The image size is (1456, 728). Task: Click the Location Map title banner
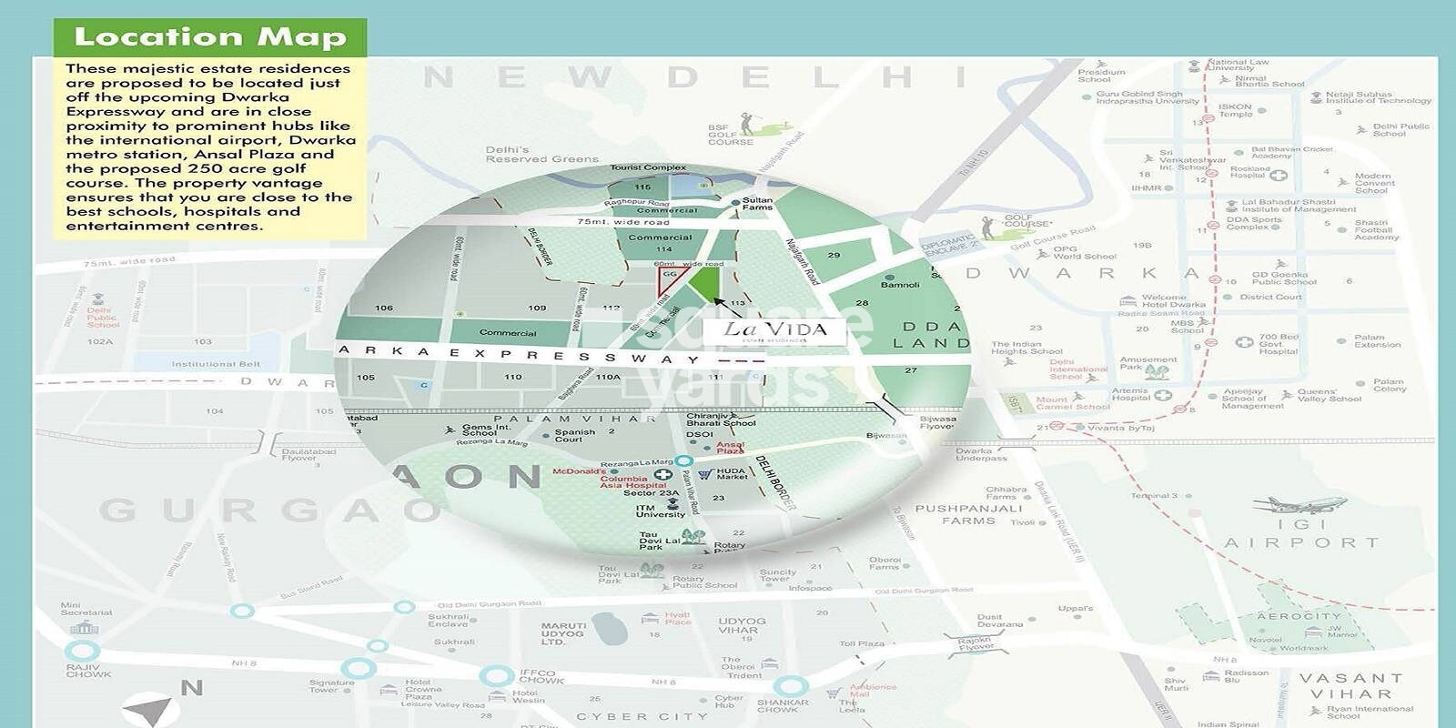click(209, 37)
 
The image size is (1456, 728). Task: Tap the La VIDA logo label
click(774, 331)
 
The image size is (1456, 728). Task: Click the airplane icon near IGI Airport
click(1299, 505)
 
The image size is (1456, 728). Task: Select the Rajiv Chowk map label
click(87, 671)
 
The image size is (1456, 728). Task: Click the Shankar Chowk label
click(782, 706)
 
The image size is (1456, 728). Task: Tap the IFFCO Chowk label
click(541, 676)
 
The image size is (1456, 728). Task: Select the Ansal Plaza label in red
click(730, 447)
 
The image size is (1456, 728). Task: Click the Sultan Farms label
click(757, 204)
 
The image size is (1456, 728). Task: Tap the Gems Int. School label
click(486, 430)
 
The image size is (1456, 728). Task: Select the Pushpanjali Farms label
click(968, 515)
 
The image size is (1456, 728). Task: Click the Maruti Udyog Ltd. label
click(564, 633)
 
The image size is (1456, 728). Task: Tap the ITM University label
click(660, 511)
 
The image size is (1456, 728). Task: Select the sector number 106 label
click(384, 308)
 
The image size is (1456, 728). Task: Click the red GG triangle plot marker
click(669, 279)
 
